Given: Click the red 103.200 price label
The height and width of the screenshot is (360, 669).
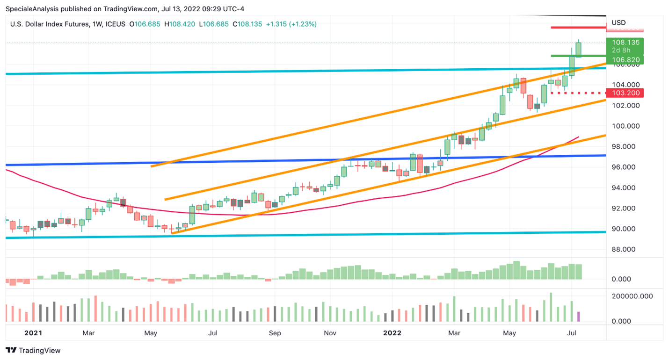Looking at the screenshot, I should click(625, 93).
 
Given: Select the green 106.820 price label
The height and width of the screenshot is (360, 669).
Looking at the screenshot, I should click(625, 60).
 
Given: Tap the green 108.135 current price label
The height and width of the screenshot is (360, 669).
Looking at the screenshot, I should click(625, 42).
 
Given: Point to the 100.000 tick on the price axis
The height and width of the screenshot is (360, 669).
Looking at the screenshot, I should click(625, 126).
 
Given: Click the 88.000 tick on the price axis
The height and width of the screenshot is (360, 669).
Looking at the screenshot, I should click(625, 249).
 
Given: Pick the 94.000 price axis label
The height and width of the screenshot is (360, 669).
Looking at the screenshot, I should click(625, 187).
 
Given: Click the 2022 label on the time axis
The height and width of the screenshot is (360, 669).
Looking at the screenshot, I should click(392, 333).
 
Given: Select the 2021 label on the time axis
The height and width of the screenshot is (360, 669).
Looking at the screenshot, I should click(33, 333).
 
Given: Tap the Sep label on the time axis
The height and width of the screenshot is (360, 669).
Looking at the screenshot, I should click(275, 333).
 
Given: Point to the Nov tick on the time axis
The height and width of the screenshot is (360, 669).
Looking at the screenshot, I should click(330, 333).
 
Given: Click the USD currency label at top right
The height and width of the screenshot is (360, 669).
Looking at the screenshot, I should click(618, 22).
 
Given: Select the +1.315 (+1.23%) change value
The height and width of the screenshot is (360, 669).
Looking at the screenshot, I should click(291, 24).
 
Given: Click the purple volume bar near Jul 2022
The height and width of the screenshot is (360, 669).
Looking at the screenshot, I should click(578, 317).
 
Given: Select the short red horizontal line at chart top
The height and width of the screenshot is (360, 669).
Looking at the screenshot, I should click(578, 28).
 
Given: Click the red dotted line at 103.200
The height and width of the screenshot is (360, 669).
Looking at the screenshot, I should click(578, 93).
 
